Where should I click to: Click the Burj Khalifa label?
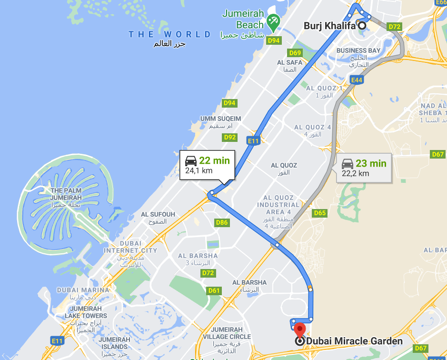click(330, 26)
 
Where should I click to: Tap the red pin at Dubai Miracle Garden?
click(299, 330)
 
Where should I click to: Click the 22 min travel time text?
click(214, 160)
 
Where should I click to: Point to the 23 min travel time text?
click(371, 163)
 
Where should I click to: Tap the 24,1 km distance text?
click(199, 170)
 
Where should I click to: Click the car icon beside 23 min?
click(348, 163)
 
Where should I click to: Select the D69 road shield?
click(295, 52)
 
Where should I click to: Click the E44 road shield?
click(356, 80)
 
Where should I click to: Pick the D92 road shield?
click(230, 138)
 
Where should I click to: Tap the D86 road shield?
click(222, 222)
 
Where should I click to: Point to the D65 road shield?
click(320, 213)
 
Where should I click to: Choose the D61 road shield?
click(214, 290)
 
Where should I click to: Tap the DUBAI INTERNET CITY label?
click(130, 250)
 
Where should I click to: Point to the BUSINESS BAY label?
click(358, 50)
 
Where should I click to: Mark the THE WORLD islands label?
click(170, 34)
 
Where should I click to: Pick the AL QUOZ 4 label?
click(312, 127)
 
